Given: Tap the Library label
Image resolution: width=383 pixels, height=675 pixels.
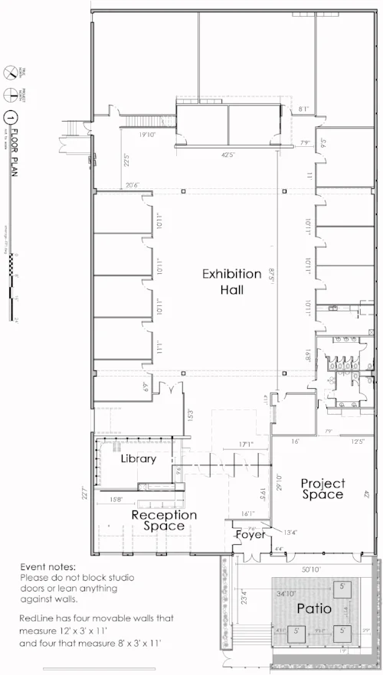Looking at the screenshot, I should pos(139,459).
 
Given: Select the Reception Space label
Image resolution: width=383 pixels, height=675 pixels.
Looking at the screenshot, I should pos(164,520).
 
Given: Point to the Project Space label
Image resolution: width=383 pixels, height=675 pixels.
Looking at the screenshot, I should pos(322,489).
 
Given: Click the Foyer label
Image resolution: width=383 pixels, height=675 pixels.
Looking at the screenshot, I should pos(250,534).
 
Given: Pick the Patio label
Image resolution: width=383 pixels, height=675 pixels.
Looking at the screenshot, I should pos(315,609).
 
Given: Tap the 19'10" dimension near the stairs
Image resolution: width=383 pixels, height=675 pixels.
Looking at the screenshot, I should pos(148,135).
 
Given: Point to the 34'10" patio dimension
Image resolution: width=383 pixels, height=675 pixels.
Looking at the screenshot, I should pos(290,592).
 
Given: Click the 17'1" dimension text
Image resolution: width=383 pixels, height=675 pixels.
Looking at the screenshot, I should pos(247,445).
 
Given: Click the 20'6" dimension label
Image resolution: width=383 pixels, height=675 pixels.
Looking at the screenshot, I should pos(133,184).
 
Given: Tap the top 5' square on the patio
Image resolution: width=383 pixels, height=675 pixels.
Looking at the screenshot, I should pos(341,587).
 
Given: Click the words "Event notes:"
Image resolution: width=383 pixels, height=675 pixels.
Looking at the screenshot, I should pos(49,566).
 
